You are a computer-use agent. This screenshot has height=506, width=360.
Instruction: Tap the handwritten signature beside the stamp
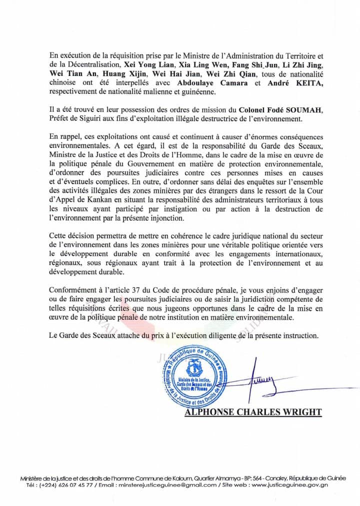(x=261, y=382)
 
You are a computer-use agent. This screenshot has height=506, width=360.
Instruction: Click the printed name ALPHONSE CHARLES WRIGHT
(x=253, y=412)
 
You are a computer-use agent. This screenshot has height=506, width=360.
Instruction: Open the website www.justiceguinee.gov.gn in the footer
(x=290, y=485)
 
